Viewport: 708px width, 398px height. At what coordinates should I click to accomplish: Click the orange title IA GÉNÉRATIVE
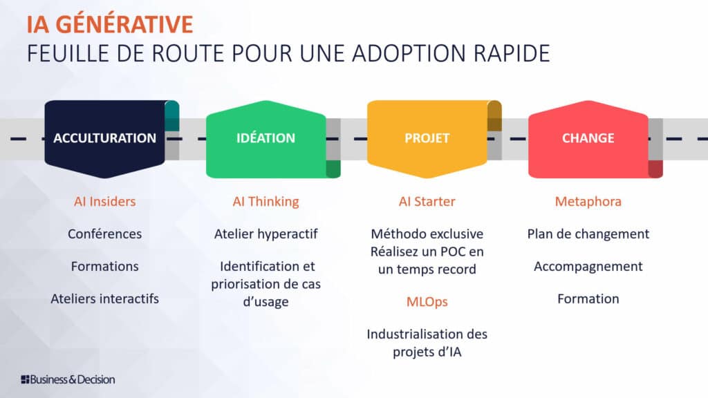pos(110,23)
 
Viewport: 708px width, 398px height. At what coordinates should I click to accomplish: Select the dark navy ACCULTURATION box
pos(105,139)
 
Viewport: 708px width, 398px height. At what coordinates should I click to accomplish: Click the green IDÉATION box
pos(266,139)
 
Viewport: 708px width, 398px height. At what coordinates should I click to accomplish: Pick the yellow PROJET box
pos(427,139)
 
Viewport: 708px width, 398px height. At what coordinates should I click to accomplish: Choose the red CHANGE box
pos(588,139)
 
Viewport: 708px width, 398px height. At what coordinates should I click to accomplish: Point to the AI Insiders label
pos(105,201)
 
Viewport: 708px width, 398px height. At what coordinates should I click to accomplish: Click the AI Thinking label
pos(266,202)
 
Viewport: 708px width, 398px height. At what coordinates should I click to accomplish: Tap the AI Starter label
pos(427,201)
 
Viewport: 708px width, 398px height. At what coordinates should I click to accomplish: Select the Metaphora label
pos(588,202)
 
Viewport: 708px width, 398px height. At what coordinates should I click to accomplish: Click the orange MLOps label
pos(427,302)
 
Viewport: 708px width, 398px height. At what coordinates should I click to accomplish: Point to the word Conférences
pos(105,234)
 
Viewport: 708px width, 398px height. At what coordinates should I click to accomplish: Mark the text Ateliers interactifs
pos(105,298)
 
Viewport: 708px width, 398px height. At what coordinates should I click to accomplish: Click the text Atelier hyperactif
pos(266,234)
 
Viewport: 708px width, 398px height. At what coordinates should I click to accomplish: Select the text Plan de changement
pos(588,234)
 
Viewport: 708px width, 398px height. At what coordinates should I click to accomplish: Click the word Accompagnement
pos(588,267)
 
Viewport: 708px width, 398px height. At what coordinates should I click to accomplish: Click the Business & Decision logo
pos(68,379)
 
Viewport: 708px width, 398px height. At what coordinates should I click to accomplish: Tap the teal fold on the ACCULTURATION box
pos(172,116)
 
